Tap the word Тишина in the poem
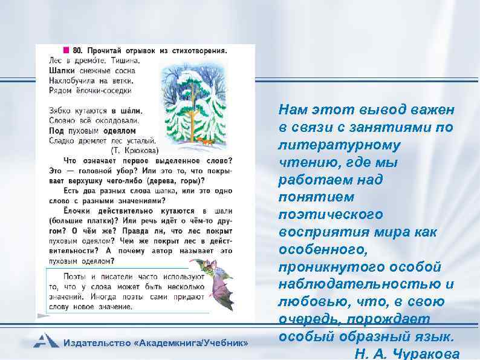pos(124,60)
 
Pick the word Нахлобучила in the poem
pos(72,80)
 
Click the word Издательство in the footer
pos(99,343)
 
